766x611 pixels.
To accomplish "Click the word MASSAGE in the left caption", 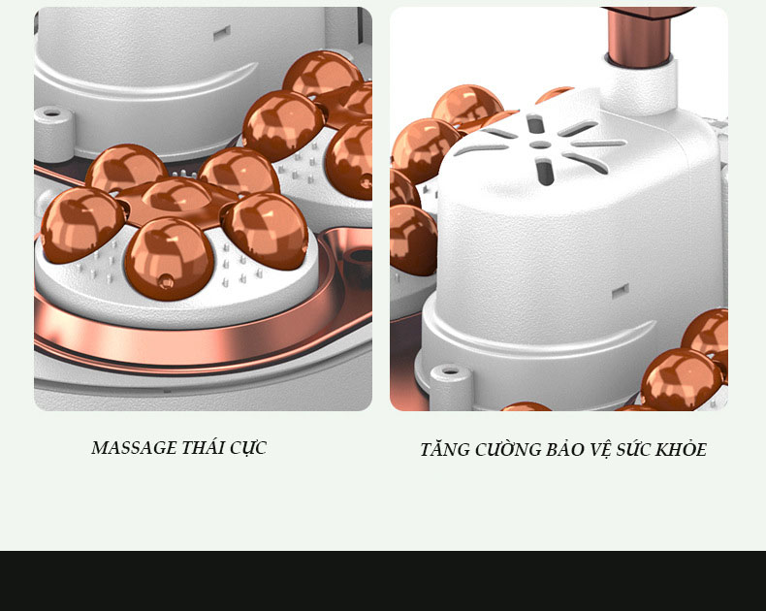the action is click(x=135, y=448).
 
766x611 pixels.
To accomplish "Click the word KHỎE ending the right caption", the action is click(x=681, y=449).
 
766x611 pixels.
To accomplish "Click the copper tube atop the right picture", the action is click(x=637, y=36).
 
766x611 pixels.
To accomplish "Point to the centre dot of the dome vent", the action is click(x=540, y=145).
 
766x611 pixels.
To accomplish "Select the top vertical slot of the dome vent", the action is click(x=535, y=124).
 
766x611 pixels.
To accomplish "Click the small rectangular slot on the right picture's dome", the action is click(x=621, y=292).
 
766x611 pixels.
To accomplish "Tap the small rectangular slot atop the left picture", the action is click(x=222, y=33).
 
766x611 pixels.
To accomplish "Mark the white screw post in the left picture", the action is click(x=53, y=134).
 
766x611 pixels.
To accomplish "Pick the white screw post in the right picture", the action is click(x=451, y=387).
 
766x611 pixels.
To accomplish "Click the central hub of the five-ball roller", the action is click(x=176, y=199).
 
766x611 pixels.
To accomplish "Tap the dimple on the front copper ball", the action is click(x=166, y=281).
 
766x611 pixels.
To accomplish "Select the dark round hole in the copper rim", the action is click(x=361, y=255).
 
